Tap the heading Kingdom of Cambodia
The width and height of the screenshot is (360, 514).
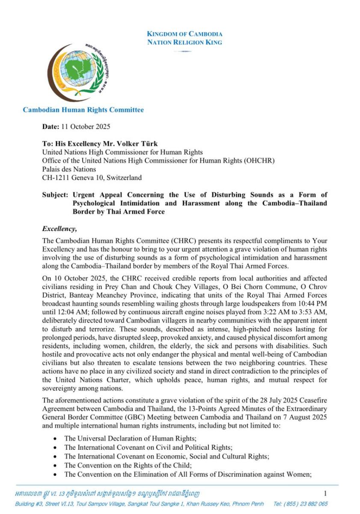184,34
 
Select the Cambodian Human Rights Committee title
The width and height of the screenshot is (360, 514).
83,110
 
